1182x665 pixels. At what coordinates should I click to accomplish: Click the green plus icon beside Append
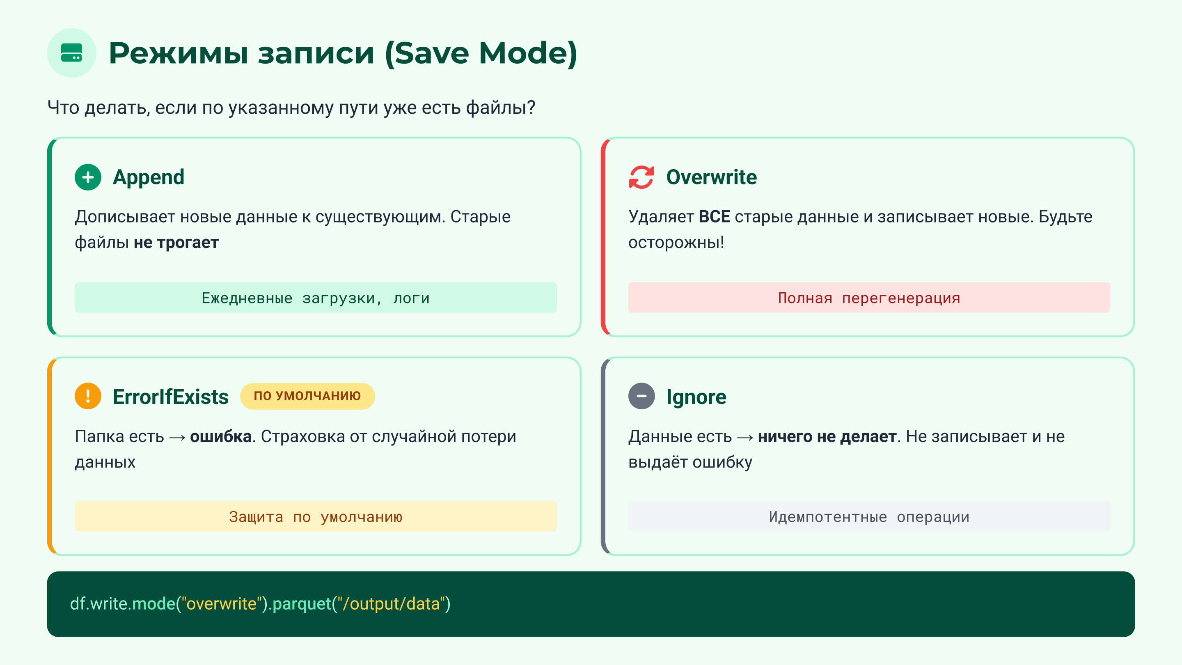click(88, 177)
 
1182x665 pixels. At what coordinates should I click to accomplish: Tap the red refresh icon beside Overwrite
click(641, 177)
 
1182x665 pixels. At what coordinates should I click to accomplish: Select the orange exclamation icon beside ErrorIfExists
click(88, 396)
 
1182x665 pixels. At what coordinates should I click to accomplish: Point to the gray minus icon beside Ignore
click(641, 396)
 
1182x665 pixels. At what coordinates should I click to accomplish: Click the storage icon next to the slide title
click(71, 53)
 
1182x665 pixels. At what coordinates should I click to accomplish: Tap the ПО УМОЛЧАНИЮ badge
click(307, 396)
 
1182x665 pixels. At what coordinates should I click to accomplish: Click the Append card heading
click(148, 177)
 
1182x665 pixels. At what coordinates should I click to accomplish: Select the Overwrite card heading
click(711, 177)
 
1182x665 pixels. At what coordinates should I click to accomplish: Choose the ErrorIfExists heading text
click(170, 397)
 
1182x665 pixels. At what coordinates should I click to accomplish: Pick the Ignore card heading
click(696, 397)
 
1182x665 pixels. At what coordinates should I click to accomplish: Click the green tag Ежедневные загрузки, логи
click(315, 298)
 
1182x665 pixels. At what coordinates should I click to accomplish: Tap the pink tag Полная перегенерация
click(868, 298)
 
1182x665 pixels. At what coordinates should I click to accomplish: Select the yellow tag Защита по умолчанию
click(315, 517)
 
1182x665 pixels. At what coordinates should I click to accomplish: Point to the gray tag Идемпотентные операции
click(868, 517)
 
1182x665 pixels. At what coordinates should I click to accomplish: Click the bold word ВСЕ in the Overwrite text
click(714, 217)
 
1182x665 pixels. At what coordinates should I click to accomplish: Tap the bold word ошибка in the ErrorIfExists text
click(221, 436)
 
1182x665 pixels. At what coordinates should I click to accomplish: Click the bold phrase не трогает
click(176, 242)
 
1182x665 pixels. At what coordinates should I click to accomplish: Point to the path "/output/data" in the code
click(392, 604)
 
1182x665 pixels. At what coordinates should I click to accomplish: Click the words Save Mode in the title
click(481, 53)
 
